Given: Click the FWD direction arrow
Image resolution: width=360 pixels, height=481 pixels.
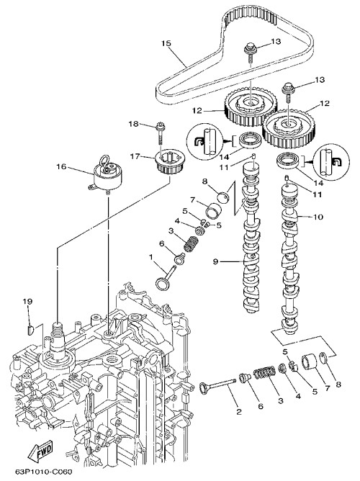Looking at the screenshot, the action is click(x=40, y=451).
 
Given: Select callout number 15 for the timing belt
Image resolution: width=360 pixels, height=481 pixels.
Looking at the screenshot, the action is click(x=166, y=43).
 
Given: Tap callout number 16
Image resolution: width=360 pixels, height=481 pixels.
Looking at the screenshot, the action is click(x=61, y=166).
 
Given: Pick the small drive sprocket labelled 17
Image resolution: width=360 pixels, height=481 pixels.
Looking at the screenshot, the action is click(x=170, y=162).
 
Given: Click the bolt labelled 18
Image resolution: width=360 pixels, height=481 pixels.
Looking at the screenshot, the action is click(x=161, y=134).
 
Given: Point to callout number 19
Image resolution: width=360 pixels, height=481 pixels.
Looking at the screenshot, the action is click(x=27, y=302).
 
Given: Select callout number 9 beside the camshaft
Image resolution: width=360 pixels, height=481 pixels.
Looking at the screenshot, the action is click(x=215, y=261).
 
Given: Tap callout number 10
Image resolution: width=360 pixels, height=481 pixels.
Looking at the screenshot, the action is click(x=318, y=217).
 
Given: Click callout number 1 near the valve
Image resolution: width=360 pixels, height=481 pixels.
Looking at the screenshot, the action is click(x=151, y=256).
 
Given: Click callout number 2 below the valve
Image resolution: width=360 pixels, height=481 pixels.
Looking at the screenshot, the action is click(x=239, y=411).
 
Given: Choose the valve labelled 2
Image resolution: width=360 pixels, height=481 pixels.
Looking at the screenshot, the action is click(x=217, y=385).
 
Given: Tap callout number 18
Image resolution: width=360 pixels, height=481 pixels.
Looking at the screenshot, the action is click(x=133, y=124).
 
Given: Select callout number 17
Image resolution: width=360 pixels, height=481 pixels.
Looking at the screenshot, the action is click(x=135, y=156).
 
